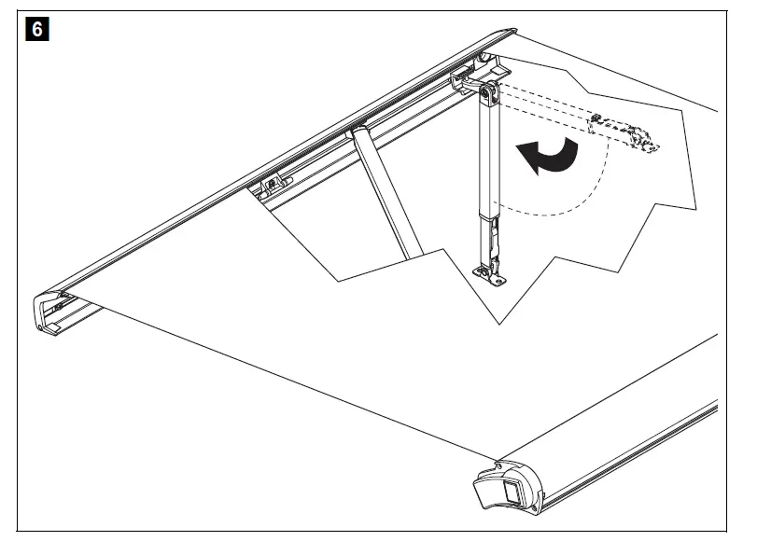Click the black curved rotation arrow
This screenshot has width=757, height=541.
pos(554,155)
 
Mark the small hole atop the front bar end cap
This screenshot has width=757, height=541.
pos(500,464)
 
